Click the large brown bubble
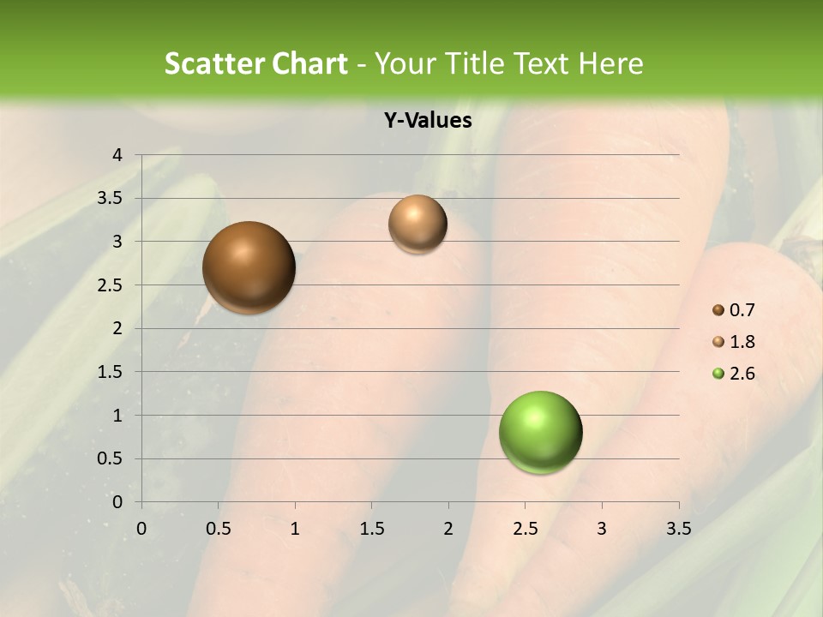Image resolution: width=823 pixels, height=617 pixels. (x=249, y=267)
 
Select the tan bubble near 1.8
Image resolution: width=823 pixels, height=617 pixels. (x=418, y=224)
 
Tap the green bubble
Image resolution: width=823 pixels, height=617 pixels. (x=541, y=432)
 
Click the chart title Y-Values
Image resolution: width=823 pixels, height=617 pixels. (x=428, y=121)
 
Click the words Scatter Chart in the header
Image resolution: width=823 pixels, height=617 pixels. (x=255, y=63)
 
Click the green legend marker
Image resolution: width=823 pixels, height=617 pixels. (x=718, y=374)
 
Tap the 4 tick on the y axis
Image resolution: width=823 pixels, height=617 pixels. (x=118, y=155)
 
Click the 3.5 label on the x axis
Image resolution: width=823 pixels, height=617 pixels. (x=678, y=528)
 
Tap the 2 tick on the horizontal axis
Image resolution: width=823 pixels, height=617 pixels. (x=448, y=528)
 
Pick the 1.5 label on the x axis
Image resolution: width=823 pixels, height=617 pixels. (x=371, y=528)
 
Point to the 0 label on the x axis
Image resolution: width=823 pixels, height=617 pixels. (x=141, y=528)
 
